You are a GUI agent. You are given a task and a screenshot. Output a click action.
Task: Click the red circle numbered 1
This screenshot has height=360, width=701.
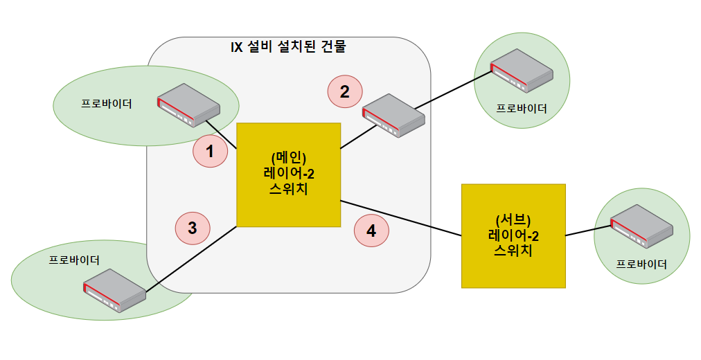coord(210,151)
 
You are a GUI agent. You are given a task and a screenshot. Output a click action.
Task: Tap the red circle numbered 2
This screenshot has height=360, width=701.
coord(344,91)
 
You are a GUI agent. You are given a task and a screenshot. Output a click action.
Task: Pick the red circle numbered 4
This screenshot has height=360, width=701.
coord(371,231)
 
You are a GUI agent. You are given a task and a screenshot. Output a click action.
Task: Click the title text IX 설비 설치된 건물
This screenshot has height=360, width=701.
coord(287,47)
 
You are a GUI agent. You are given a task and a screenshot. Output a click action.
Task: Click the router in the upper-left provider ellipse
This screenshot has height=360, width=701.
coord(188,105)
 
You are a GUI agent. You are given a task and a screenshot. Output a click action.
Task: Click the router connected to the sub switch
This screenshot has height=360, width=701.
coord(641,226)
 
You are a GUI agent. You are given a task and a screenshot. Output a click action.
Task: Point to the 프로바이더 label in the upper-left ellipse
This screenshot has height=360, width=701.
coord(107,104)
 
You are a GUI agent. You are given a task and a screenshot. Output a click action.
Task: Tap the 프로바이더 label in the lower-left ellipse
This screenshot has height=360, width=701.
coord(74,260)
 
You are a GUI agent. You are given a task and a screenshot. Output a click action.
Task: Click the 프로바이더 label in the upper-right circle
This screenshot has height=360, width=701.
coord(522,109)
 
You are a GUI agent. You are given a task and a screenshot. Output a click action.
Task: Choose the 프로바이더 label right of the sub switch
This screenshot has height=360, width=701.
coord(642,264)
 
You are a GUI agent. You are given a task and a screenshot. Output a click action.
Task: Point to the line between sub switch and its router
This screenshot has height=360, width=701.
coord(587,230)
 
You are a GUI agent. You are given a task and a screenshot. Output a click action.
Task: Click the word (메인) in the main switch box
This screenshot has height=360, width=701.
coord(289,156)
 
